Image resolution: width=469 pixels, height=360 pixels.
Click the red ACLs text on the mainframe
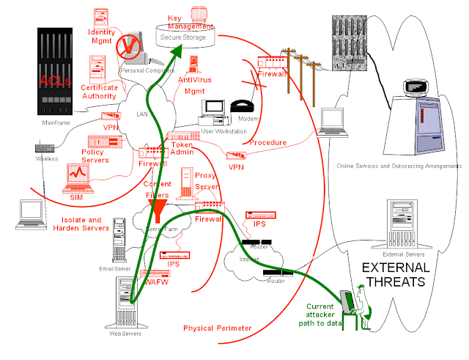pos(56,80)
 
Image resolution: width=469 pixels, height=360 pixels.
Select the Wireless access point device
pos(45,149)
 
